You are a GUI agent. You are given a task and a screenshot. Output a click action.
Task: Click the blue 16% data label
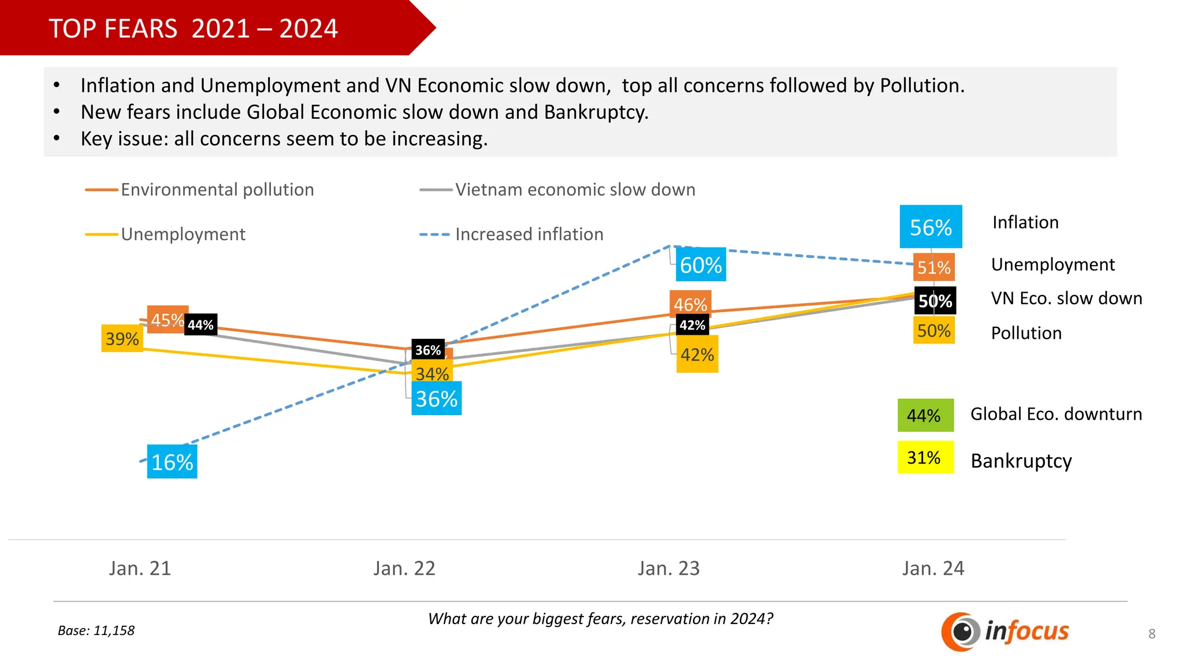172,462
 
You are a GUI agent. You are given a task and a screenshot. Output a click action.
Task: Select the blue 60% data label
701,265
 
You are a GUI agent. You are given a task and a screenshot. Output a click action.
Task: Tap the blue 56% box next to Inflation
931,227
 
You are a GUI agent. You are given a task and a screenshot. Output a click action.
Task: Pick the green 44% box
925,415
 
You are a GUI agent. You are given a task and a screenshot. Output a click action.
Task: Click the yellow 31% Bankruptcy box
925,458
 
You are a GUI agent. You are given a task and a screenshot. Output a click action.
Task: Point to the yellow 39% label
122,338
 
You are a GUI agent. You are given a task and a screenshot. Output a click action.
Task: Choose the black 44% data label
200,325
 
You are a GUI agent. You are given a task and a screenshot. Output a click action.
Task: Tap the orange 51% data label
933,267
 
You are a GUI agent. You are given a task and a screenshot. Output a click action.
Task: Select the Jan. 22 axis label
404,569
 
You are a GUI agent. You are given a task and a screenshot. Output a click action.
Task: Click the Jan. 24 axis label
933,569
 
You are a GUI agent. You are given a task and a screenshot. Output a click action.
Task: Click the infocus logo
1005,632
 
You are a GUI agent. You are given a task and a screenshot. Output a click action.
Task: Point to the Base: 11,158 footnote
96,630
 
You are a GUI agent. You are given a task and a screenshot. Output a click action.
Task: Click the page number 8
1152,634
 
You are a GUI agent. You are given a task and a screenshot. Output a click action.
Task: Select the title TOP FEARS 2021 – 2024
193,28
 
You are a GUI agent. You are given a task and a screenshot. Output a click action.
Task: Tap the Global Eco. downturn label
1056,414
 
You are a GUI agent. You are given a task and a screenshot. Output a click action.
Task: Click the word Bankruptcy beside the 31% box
1021,461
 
